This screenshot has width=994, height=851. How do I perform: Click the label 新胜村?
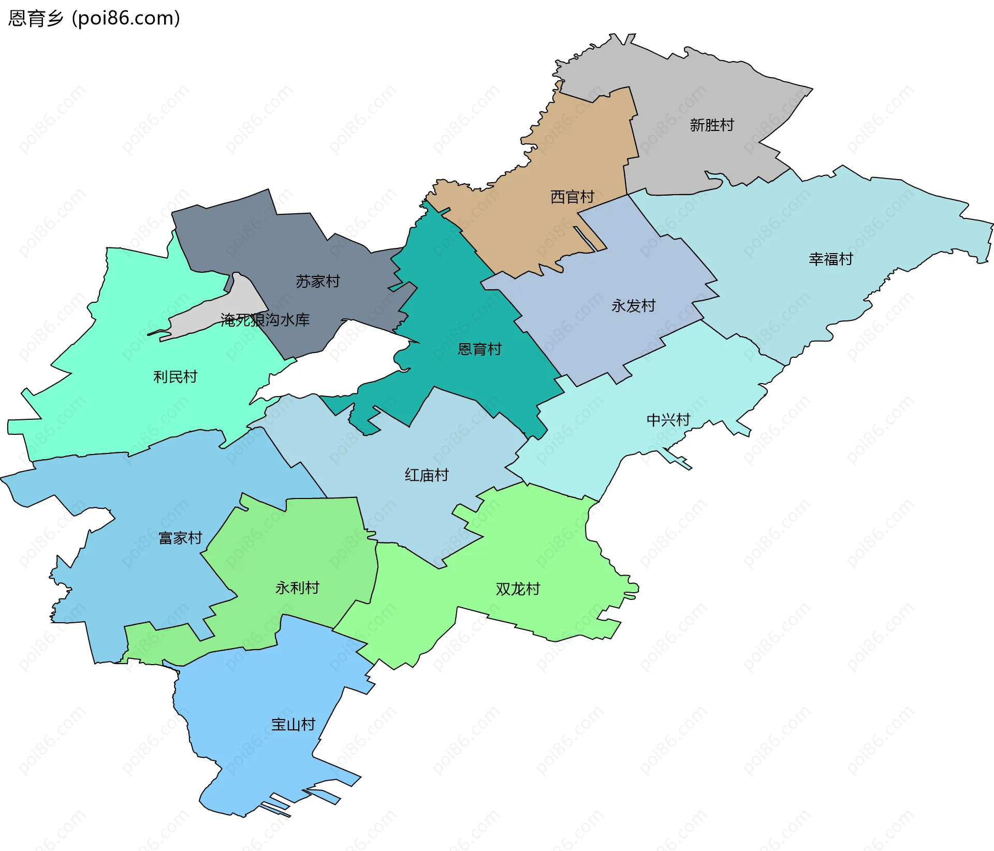(711, 125)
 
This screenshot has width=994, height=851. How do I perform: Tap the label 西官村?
(572, 197)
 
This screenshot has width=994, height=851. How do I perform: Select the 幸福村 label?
(830, 259)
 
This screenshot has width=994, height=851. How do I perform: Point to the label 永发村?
(633, 306)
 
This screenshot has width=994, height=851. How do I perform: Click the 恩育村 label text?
(479, 349)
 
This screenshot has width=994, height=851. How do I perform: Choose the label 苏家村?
(317, 282)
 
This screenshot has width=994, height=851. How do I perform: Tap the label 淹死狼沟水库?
(265, 320)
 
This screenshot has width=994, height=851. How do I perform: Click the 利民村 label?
(175, 377)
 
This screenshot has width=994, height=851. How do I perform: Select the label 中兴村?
(668, 420)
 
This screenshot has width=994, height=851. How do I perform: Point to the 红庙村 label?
(426, 475)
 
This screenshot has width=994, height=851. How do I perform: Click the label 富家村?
(180, 538)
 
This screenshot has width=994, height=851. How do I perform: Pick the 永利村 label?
(297, 588)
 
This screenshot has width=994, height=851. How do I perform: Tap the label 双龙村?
(518, 589)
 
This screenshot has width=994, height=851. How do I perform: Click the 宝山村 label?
(293, 725)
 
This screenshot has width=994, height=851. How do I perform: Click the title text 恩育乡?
(35, 19)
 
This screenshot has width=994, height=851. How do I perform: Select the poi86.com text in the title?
(126, 19)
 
